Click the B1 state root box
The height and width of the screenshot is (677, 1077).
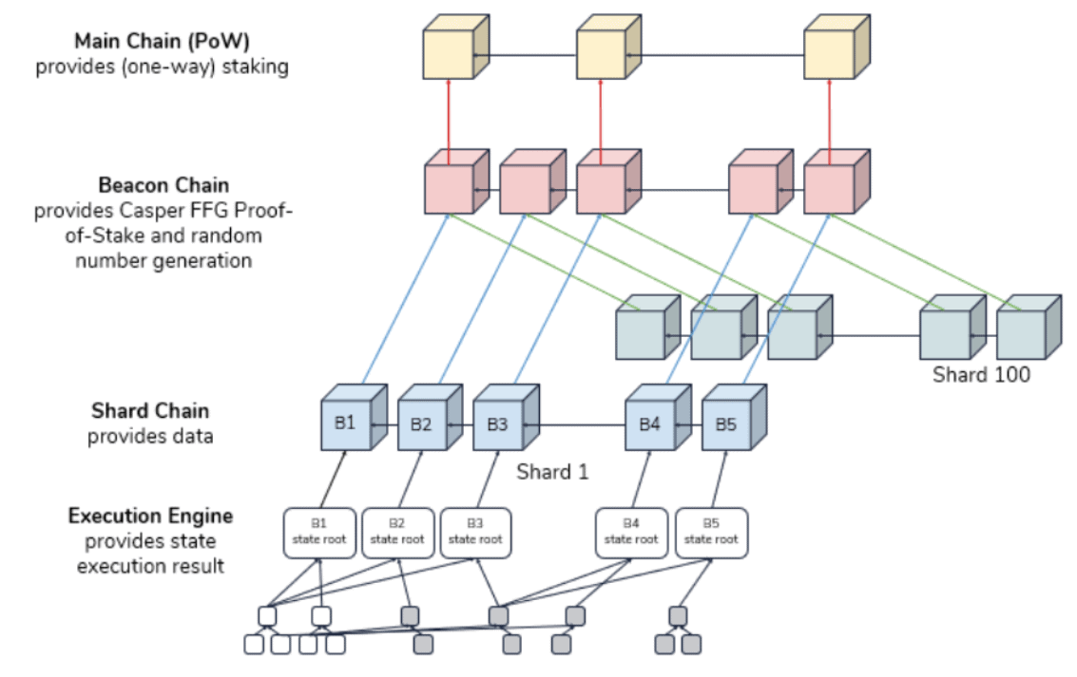319,533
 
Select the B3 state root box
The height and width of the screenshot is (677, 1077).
475,533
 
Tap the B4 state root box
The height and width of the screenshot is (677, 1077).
631,533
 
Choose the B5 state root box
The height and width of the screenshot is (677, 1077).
712,533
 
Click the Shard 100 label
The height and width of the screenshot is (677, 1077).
981,374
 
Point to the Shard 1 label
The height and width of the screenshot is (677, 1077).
552,472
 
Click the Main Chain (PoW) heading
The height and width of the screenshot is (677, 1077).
163,41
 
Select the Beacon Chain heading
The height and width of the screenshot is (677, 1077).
163,185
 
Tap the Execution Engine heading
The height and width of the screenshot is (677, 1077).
150,516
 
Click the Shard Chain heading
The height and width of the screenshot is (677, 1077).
150,411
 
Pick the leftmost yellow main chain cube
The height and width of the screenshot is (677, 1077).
455,47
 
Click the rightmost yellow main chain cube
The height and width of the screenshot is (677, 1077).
837,47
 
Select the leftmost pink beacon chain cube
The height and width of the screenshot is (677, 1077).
457,181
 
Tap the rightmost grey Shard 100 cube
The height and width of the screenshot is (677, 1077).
1029,328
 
